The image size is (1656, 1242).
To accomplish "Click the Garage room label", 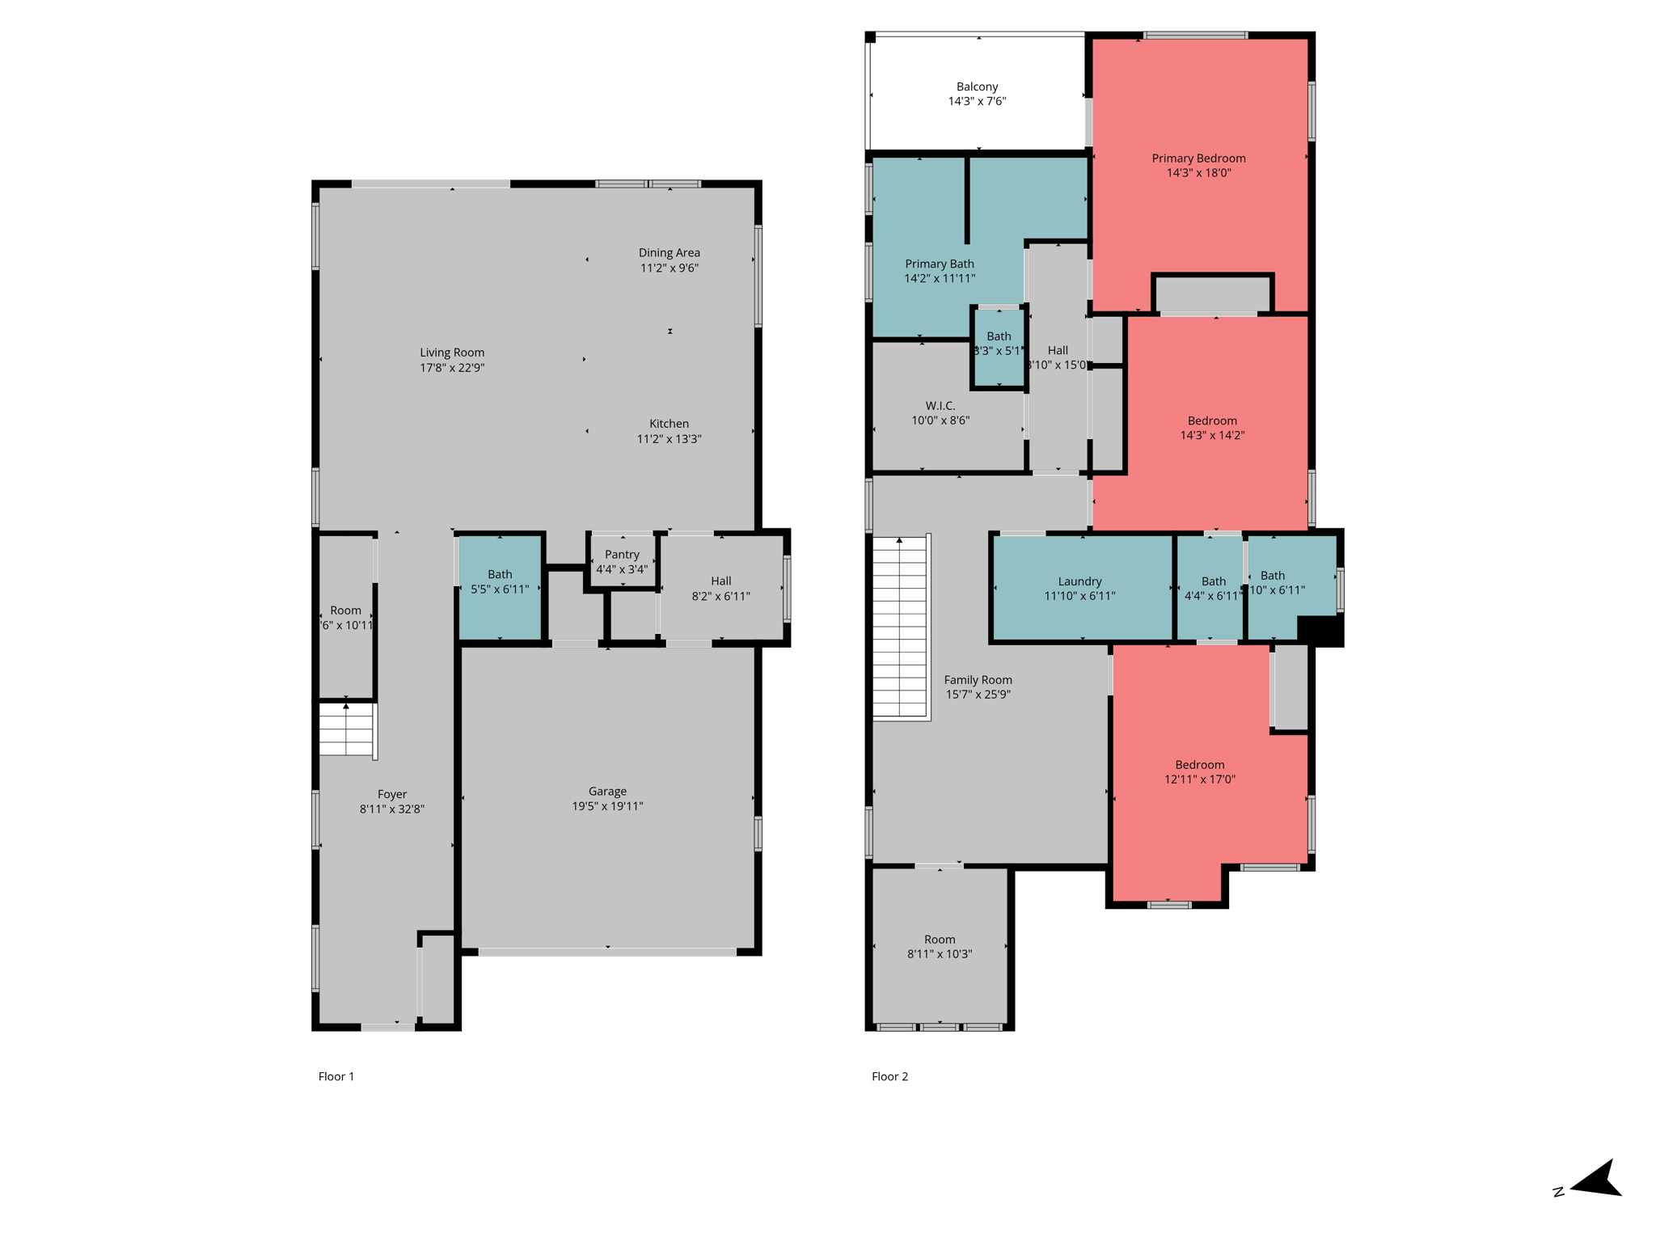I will [x=607, y=792].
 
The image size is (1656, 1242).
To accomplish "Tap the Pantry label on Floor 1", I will [x=622, y=555].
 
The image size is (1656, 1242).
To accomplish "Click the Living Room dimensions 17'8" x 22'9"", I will [x=452, y=368].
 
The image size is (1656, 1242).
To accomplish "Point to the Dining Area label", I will [x=669, y=253].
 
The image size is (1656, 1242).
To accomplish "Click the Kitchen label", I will [x=669, y=424].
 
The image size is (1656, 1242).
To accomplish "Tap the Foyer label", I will [x=392, y=794].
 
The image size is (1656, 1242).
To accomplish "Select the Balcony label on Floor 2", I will [x=977, y=87].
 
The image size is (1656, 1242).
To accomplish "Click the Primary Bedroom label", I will [x=1198, y=158].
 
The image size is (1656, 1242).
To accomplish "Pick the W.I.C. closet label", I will [x=940, y=406].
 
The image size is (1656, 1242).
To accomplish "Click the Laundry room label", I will [x=1079, y=581].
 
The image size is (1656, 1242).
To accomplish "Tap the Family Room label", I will [x=978, y=680].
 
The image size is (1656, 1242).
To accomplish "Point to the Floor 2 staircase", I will [x=899, y=627].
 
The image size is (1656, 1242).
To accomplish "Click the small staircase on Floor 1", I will [x=346, y=729].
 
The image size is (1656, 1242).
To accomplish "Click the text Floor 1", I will [x=336, y=1076].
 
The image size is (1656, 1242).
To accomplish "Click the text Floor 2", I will [x=889, y=1076].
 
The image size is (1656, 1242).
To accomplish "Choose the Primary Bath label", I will [x=939, y=264].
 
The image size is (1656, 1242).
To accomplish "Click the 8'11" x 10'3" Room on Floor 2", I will [x=940, y=946].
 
